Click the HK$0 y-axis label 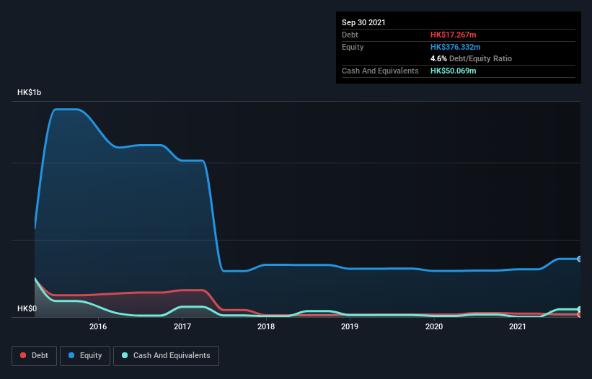click(27, 309)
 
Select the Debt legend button click(35, 355)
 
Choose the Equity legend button click(85, 355)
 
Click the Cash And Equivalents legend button click(166, 355)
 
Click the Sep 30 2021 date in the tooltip click(364, 22)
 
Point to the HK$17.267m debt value click(454, 35)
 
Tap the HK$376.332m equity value click(455, 47)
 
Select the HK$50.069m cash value click(454, 71)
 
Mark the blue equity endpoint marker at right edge click(579, 259)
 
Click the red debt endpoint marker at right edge click(579, 314)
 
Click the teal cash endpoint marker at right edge click(579, 309)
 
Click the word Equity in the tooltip click(353, 47)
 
